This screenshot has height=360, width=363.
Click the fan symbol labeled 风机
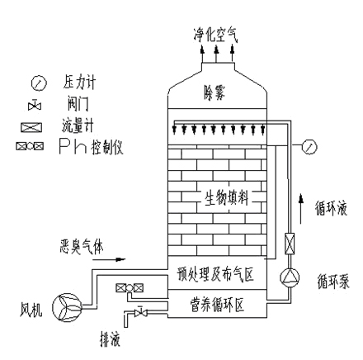click(x=67, y=307)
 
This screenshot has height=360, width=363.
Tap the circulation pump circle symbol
click(x=290, y=277)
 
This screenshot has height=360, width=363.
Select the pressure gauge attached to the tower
click(x=309, y=147)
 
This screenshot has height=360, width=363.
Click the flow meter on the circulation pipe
click(x=290, y=244)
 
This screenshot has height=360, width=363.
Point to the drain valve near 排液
click(x=140, y=312)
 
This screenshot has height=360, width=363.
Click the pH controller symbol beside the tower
click(x=130, y=288)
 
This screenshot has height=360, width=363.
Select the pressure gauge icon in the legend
click(x=39, y=83)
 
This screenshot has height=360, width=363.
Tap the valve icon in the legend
click(x=35, y=105)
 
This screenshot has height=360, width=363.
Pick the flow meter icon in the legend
click(x=31, y=127)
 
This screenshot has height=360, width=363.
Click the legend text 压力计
click(x=79, y=82)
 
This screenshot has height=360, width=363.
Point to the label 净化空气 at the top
click(x=215, y=35)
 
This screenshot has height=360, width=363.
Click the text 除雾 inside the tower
click(x=214, y=92)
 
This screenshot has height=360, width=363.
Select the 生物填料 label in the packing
click(x=227, y=197)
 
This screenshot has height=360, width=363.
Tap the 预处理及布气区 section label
click(x=215, y=274)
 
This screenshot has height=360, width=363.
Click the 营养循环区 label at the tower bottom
click(x=217, y=305)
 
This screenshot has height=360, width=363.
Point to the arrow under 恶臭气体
click(x=109, y=259)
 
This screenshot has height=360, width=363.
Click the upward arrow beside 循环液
click(x=301, y=208)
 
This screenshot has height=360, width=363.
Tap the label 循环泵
click(x=333, y=282)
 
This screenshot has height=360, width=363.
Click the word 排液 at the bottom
click(x=110, y=339)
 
